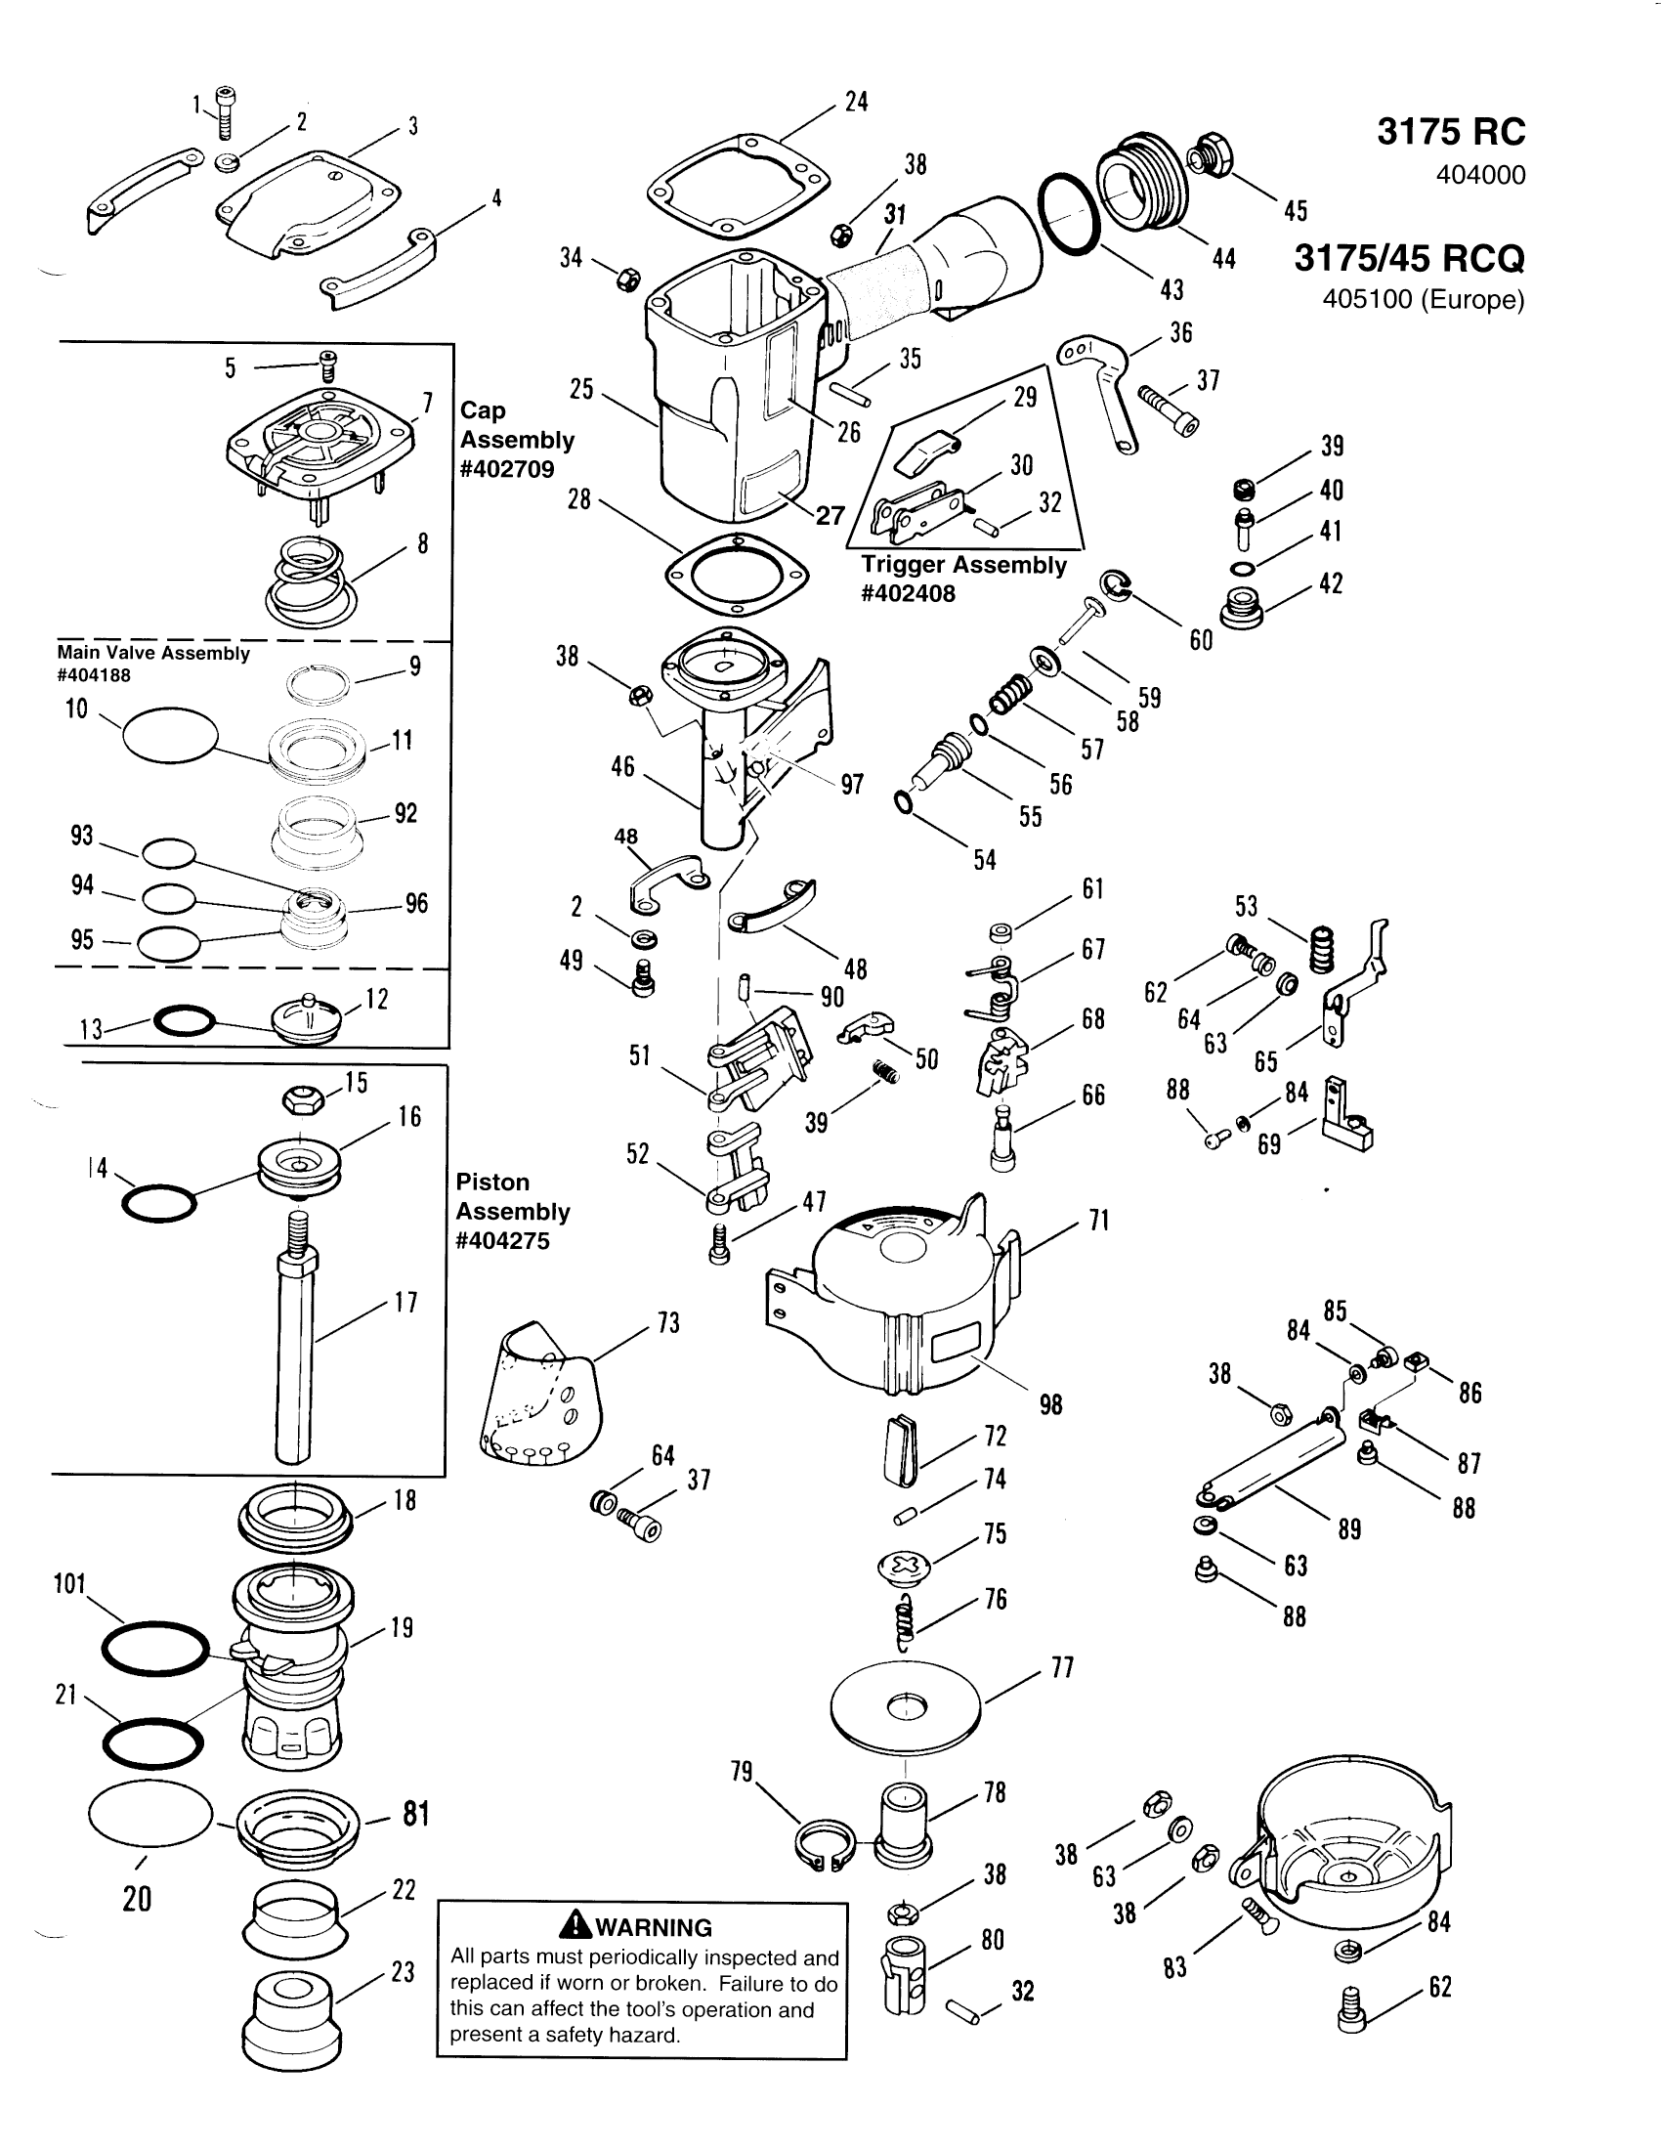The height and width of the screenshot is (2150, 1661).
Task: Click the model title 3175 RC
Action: tap(1450, 132)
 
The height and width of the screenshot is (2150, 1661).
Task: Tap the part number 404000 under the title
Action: tap(1480, 175)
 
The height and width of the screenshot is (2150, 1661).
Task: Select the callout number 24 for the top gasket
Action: tap(856, 103)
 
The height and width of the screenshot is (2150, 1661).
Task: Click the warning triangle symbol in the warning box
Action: tap(575, 1926)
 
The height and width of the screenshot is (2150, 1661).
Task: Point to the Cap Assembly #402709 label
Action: tap(517, 439)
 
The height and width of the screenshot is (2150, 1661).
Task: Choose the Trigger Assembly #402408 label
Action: tap(963, 579)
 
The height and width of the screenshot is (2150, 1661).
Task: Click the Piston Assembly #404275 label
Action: tap(513, 1211)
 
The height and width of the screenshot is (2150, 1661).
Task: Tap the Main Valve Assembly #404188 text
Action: tap(153, 663)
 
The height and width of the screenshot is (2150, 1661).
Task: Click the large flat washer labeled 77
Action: tap(906, 1708)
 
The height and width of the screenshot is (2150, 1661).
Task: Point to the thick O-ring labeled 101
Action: tap(155, 1648)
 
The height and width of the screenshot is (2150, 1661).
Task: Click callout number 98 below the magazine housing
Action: tap(1051, 1404)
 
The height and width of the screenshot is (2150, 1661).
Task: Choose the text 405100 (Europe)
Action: tap(1423, 299)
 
